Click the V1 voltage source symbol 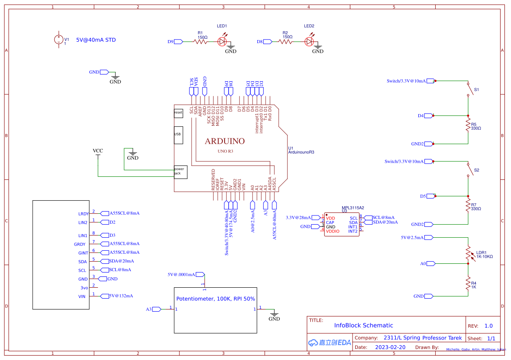tap(58, 40)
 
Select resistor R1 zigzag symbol tap(202, 42)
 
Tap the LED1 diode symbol tap(223, 42)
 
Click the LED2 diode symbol tap(309, 42)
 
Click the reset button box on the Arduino tap(178, 113)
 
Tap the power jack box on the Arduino tap(180, 172)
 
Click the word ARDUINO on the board tap(225, 141)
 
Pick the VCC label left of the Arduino tap(98, 151)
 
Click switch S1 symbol tap(469, 89)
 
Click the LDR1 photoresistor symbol tap(468, 254)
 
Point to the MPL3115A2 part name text tap(353, 208)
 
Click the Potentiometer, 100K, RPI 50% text tap(215, 299)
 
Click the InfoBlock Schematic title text tap(363, 325)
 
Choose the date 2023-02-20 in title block tap(390, 347)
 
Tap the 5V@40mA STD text tap(96, 40)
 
